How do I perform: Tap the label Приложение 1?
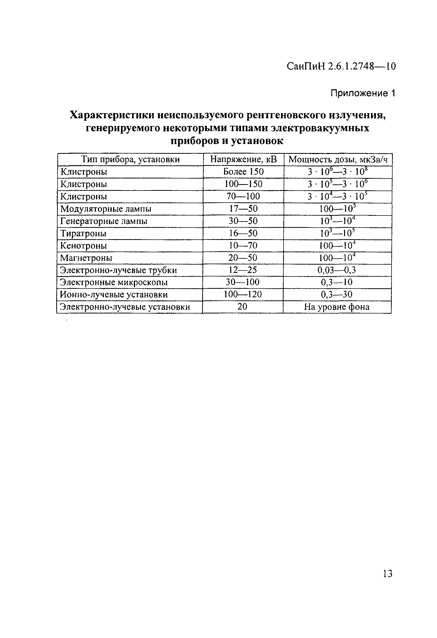click(x=363, y=94)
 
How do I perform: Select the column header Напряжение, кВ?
click(x=243, y=159)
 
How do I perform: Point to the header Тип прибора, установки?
click(x=131, y=159)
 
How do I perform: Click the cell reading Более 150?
click(x=243, y=172)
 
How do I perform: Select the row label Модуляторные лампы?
click(x=106, y=209)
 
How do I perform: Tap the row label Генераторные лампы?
click(x=104, y=221)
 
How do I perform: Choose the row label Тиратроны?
click(x=83, y=233)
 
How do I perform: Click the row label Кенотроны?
click(x=83, y=246)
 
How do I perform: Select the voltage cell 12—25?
click(x=243, y=270)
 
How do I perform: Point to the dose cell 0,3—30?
click(x=337, y=294)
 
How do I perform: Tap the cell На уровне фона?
click(x=337, y=307)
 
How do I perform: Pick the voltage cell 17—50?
click(x=243, y=209)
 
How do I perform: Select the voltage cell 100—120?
click(x=243, y=294)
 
